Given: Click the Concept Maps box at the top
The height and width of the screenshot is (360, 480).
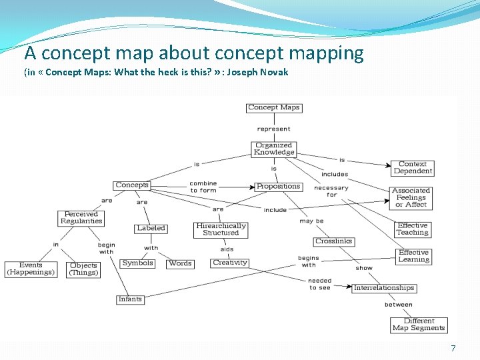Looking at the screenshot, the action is (274, 107).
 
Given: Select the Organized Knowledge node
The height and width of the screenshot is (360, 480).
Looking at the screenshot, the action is (274, 149).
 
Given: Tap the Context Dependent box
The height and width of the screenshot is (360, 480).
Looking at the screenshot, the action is (413, 167).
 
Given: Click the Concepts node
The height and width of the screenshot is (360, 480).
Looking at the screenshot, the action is (132, 185).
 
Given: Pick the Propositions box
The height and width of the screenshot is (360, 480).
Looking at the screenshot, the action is (279, 187).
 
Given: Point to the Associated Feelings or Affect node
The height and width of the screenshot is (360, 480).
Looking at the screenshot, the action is (411, 197).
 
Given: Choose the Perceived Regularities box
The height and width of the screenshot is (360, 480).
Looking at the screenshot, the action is (81, 218).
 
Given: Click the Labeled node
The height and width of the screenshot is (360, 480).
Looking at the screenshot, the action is (151, 228).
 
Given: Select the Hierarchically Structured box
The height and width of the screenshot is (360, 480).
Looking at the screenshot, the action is (221, 229).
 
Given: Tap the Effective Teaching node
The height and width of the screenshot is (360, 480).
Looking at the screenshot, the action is (413, 229).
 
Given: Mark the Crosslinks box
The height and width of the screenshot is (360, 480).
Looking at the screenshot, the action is (334, 241).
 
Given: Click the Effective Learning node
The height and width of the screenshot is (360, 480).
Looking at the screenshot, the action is (413, 256).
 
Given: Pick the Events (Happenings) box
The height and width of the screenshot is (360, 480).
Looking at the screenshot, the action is (31, 269).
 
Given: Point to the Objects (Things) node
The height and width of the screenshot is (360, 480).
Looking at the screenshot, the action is (83, 269).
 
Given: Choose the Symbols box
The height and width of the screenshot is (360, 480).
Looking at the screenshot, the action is (138, 263).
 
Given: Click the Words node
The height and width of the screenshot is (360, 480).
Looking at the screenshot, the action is (180, 263).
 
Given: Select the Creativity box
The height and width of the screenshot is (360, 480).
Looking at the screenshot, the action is (230, 263).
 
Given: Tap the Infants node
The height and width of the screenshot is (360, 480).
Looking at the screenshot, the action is (130, 299).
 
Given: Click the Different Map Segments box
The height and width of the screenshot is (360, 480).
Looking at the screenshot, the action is (419, 325).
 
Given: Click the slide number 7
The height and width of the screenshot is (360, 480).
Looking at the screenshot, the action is (453, 349).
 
